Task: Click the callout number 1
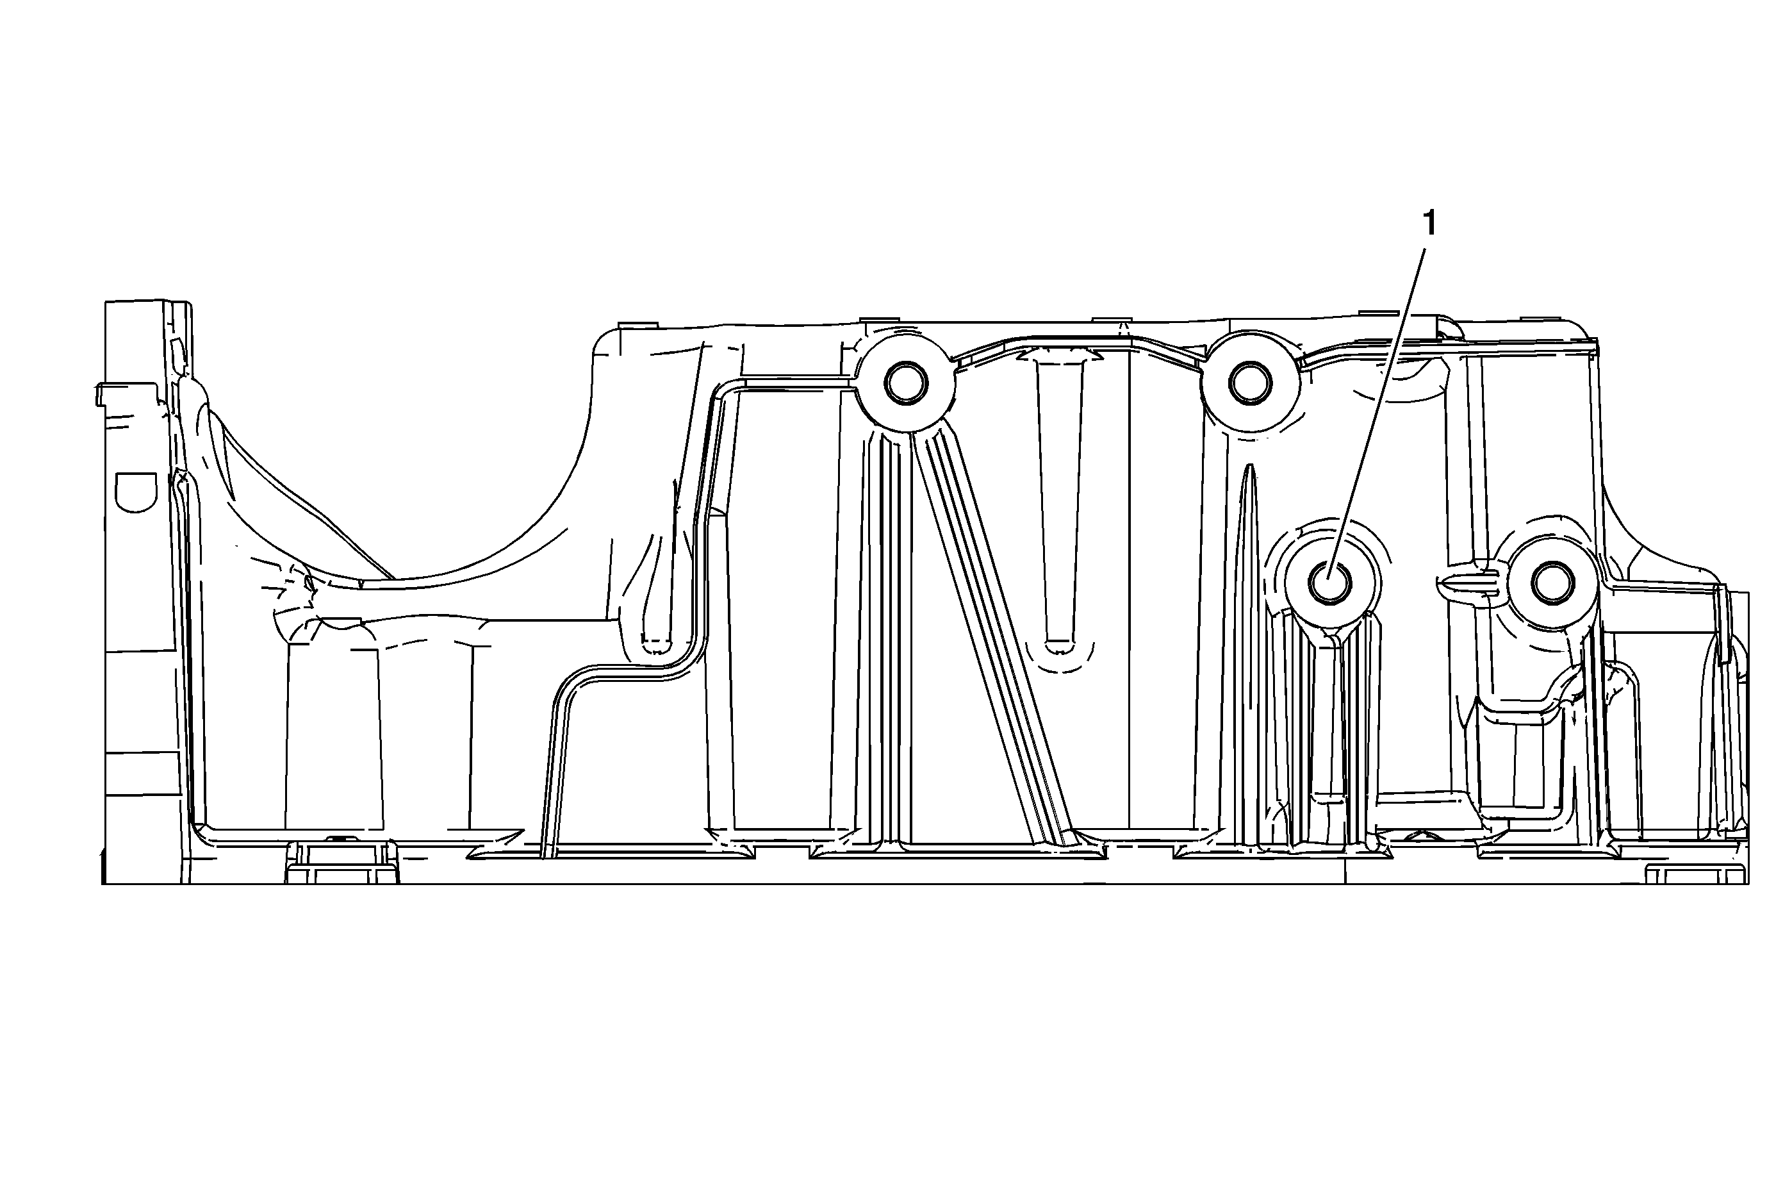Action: tap(1428, 224)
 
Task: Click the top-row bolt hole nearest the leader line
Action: tap(1250, 383)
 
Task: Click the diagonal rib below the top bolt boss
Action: tap(994, 640)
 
